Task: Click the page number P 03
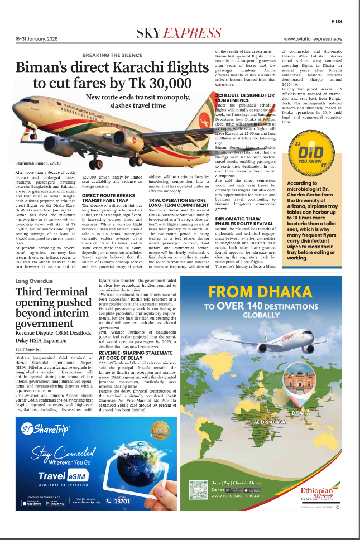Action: pyautogui.click(x=336, y=21)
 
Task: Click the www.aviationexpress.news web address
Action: pyautogui.click(x=313, y=39)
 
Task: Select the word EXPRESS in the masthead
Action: pyautogui.click(x=196, y=32)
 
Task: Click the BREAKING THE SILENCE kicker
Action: pyautogui.click(x=112, y=55)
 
